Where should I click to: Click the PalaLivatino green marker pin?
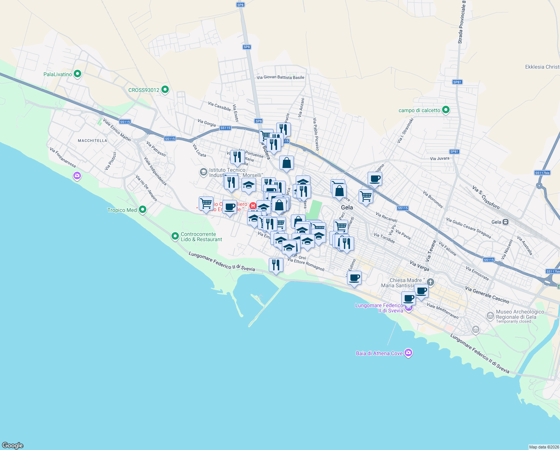pyautogui.click(x=77, y=74)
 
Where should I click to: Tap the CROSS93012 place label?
pyautogui.click(x=144, y=90)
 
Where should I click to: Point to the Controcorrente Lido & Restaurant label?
pyautogui.click(x=201, y=237)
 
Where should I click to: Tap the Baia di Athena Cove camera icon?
pyautogui.click(x=408, y=353)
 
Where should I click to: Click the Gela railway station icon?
pyautogui.click(x=505, y=222)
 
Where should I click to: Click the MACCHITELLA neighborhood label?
pyautogui.click(x=92, y=141)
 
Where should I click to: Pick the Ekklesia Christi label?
pyautogui.click(x=542, y=67)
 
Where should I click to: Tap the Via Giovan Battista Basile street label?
pyautogui.click(x=280, y=77)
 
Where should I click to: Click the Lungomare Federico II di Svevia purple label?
pyautogui.click(x=379, y=308)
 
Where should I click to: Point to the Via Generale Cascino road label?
pyautogui.click(x=487, y=295)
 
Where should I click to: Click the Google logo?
pyautogui.click(x=13, y=445)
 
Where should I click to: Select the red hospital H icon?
pyautogui.click(x=253, y=205)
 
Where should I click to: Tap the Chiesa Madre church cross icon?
pyautogui.click(x=430, y=282)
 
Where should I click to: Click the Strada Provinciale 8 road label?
pyautogui.click(x=462, y=22)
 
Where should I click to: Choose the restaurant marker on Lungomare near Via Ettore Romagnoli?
pyautogui.click(x=276, y=265)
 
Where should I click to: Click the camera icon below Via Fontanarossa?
pyautogui.click(x=77, y=175)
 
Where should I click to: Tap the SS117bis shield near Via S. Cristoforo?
pyautogui.click(x=542, y=173)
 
